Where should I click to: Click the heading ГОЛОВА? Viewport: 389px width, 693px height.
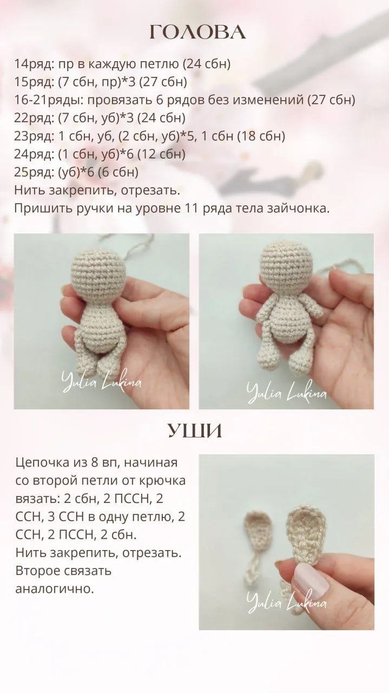click(198, 32)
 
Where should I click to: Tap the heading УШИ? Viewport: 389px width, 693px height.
click(195, 430)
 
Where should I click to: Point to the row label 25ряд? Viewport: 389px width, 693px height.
click(34, 172)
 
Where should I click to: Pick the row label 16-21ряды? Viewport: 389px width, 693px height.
click(49, 100)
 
